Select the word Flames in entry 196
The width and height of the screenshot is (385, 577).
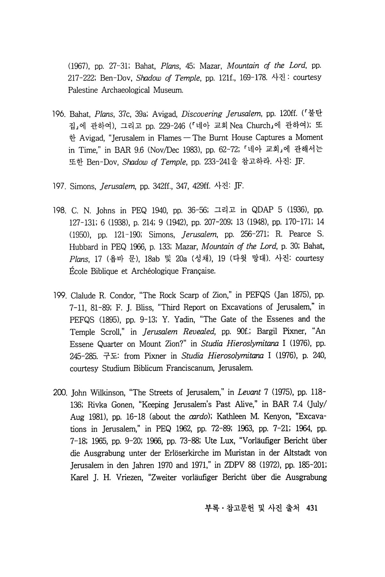170,138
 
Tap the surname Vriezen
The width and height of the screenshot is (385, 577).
128,477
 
